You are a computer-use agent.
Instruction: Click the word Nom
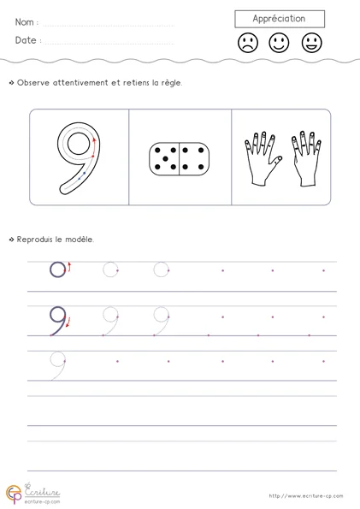[24, 22]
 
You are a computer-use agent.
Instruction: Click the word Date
[26, 40]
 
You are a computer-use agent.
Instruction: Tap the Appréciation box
[280, 19]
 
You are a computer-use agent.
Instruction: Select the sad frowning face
[248, 43]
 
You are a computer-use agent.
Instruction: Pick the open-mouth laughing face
[311, 43]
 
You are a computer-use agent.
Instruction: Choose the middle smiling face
[279, 43]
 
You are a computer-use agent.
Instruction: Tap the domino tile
[180, 159]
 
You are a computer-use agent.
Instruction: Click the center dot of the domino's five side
[165, 159]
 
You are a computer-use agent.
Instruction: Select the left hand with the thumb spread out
[263, 159]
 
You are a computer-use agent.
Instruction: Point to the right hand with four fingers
[306, 159]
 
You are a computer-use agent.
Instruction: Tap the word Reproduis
[34, 240]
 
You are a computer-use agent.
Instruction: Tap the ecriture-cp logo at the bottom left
[32, 494]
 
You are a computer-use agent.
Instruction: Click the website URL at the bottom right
[306, 495]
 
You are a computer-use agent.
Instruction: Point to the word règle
[172, 83]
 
